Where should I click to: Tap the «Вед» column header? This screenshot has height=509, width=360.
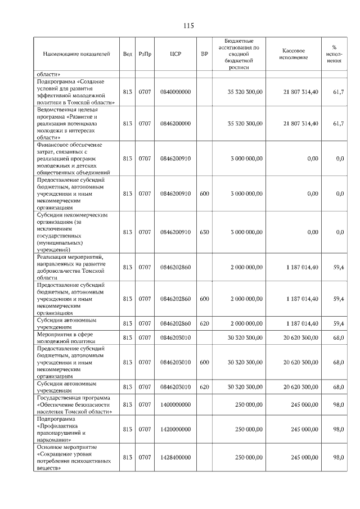point(128,54)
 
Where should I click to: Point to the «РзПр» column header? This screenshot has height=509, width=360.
point(145,54)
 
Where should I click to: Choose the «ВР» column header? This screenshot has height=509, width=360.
point(204,54)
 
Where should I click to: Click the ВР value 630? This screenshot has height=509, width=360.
point(204,232)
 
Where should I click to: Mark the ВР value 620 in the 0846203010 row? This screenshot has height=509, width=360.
point(204,387)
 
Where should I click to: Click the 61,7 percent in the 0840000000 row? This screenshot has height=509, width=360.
point(338,91)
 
